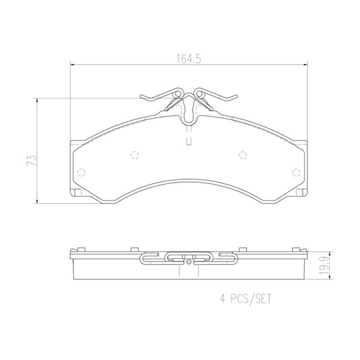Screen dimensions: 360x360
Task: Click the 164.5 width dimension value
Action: (x=189, y=59)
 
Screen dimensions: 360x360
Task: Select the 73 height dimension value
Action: (x=32, y=160)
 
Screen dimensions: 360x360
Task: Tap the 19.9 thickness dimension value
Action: (x=324, y=265)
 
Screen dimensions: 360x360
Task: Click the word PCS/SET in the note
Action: (x=251, y=299)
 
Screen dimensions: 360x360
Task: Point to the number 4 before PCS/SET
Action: (x=223, y=299)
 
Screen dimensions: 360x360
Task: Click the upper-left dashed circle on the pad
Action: (x=135, y=155)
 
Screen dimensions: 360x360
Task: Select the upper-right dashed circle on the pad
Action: (x=243, y=155)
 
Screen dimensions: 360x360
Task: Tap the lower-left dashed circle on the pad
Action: (x=81, y=172)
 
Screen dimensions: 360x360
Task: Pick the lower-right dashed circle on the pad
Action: (x=296, y=172)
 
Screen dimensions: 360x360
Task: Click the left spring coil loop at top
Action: (x=178, y=93)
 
